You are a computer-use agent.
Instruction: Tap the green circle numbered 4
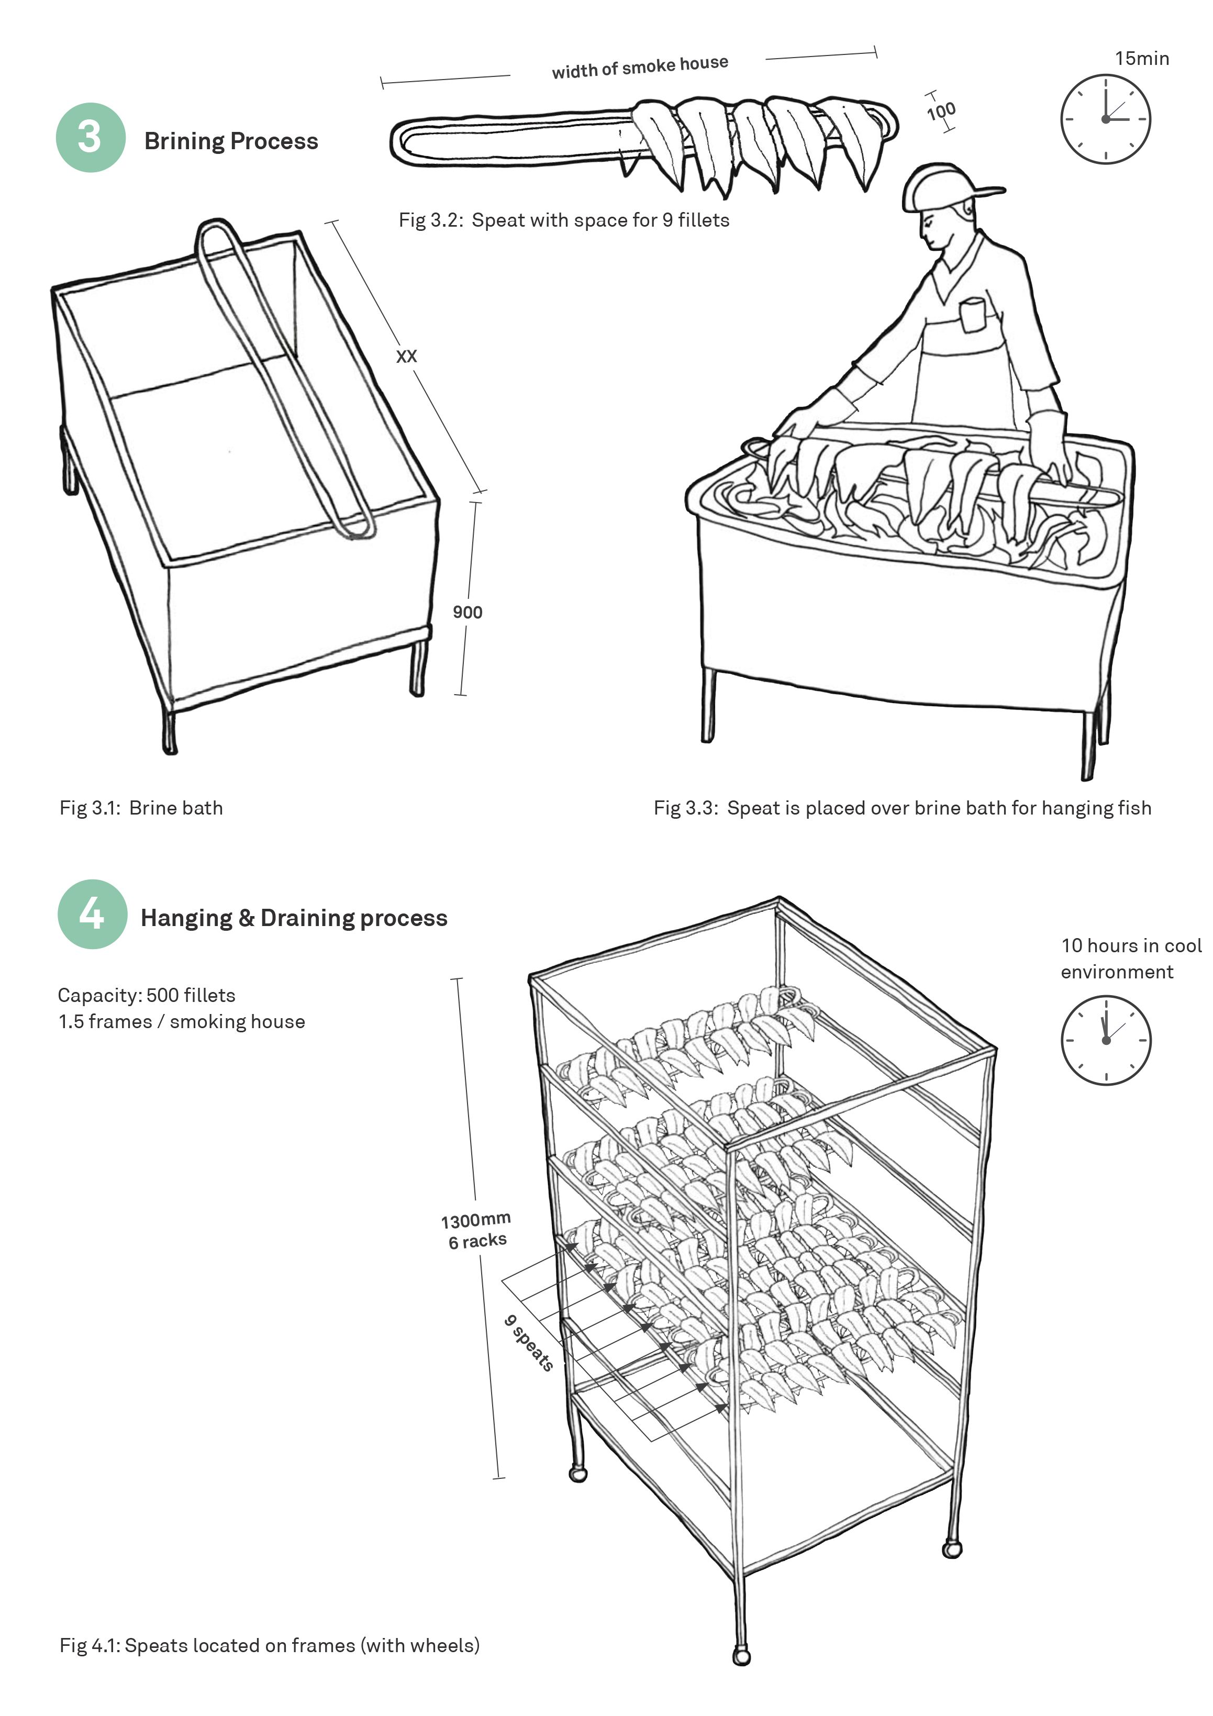coord(93,913)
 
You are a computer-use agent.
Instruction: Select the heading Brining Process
coord(231,141)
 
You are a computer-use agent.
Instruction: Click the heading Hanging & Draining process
coord(294,918)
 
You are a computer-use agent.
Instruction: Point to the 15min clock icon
coord(1105,119)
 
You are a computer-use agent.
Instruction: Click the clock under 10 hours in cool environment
coord(1105,1040)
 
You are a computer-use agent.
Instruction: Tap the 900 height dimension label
coord(467,612)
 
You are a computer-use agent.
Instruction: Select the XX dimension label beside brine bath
coord(406,356)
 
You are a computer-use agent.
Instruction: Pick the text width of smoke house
coord(640,66)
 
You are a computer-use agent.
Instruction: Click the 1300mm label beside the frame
coord(475,1220)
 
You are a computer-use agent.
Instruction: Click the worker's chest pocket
coord(973,315)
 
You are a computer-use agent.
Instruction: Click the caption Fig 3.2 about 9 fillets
coord(563,220)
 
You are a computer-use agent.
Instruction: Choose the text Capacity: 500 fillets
coord(147,996)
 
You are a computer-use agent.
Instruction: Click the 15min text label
coord(1141,58)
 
